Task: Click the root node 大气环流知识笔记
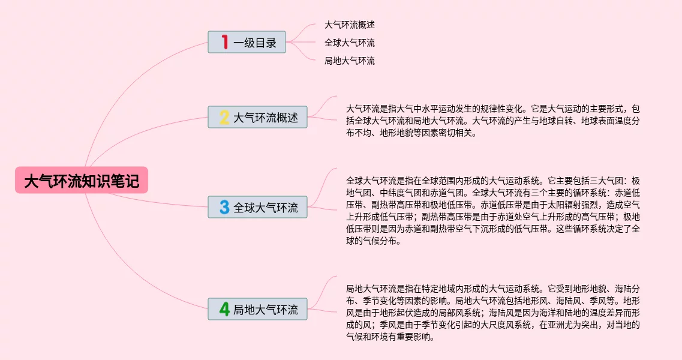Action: coord(82,181)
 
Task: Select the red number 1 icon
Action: coord(225,42)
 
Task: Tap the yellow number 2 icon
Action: coord(224,118)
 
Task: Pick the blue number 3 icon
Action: coord(224,208)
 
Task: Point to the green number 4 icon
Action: coord(224,310)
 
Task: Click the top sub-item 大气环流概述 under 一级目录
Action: coord(350,25)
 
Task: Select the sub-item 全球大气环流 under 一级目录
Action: coord(350,43)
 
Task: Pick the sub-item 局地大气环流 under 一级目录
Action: coord(350,61)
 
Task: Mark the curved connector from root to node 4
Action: coord(138,282)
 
